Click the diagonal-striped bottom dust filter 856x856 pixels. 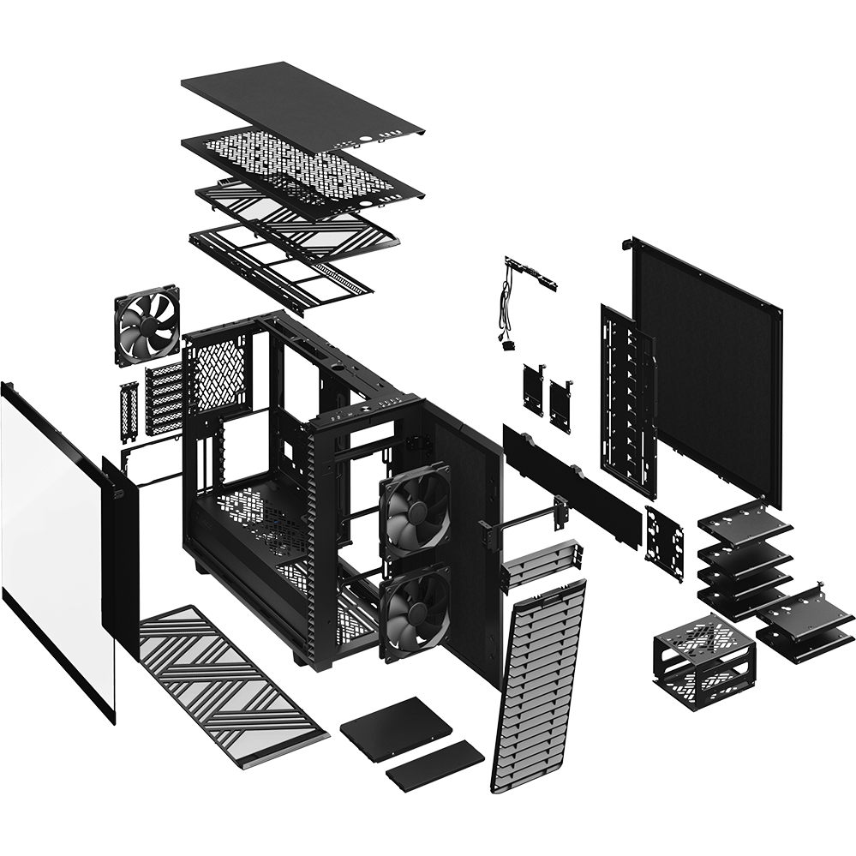[x=231, y=677]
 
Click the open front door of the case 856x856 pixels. [x=463, y=488]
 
